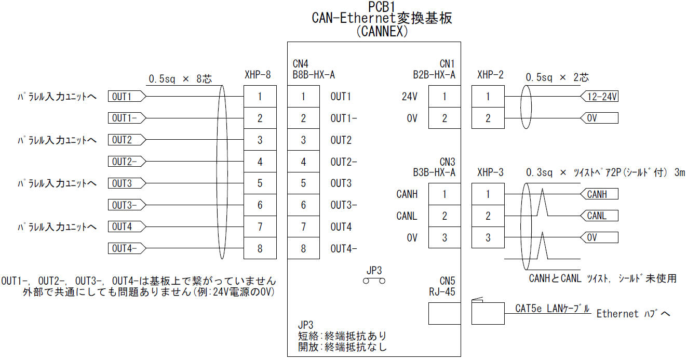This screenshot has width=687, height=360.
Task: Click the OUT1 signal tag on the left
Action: pyautogui.click(x=125, y=97)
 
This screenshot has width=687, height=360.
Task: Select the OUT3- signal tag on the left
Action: pyautogui.click(x=125, y=205)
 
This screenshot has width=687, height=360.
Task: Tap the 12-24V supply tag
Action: pyautogui.click(x=600, y=97)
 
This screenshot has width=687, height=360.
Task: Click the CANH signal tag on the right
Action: pyautogui.click(x=600, y=194)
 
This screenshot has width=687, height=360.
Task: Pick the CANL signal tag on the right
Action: pyautogui.click(x=600, y=216)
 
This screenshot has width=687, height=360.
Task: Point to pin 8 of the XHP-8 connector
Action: pyautogui.click(x=260, y=248)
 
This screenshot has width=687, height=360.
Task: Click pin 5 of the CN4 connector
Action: pyautogui.click(x=303, y=183)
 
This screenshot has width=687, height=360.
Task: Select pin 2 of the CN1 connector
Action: pyautogui.click(x=444, y=118)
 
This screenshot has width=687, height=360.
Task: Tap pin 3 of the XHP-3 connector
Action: pyautogui.click(x=488, y=238)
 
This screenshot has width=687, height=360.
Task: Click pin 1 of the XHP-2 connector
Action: pyautogui.click(x=488, y=97)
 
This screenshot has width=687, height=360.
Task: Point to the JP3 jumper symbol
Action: pyautogui.click(x=374, y=281)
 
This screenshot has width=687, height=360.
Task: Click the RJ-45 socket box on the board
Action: pyautogui.click(x=444, y=314)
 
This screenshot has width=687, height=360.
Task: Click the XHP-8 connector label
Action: pyautogui.click(x=258, y=75)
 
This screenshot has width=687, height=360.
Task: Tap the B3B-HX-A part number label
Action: pyautogui.click(x=434, y=172)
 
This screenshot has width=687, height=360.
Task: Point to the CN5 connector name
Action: pyautogui.click(x=447, y=281)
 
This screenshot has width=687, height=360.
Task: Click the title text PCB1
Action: pyautogui.click(x=382, y=6)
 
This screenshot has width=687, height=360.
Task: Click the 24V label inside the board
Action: pyautogui.click(x=409, y=97)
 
